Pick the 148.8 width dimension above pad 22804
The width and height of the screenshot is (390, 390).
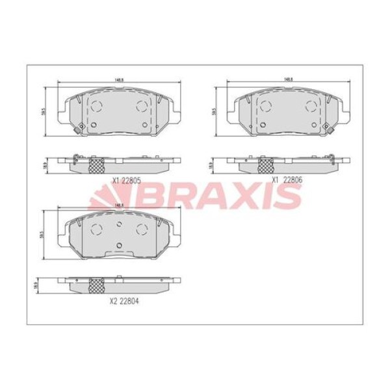[x=118, y=205]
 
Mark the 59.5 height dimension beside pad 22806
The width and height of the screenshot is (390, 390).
[x=214, y=111]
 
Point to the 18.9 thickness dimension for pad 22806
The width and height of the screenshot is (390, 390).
[x=210, y=166]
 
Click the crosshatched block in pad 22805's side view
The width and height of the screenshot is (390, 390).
[x=96, y=165]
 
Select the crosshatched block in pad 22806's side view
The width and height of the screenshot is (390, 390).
[x=265, y=165]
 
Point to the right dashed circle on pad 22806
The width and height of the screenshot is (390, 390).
[x=309, y=105]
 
